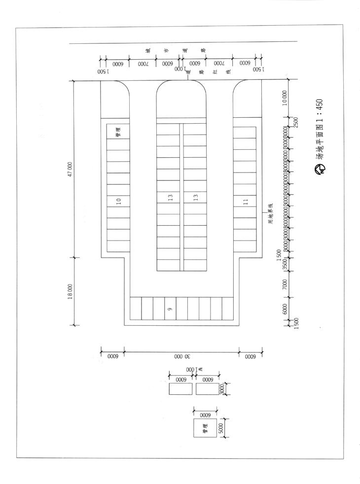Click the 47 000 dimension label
click(70, 169)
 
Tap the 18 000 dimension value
click(70, 291)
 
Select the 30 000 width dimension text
click(181, 356)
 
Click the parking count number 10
click(118, 201)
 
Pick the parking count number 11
click(245, 201)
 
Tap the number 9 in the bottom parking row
click(169, 309)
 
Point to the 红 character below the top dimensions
click(216, 71)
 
